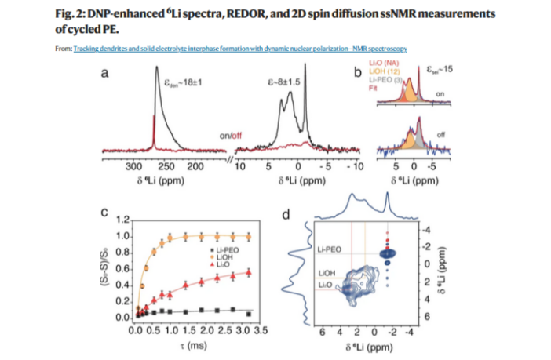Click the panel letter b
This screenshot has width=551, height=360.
357,75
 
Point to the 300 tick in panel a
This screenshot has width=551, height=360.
133,167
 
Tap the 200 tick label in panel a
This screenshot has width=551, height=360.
193,167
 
